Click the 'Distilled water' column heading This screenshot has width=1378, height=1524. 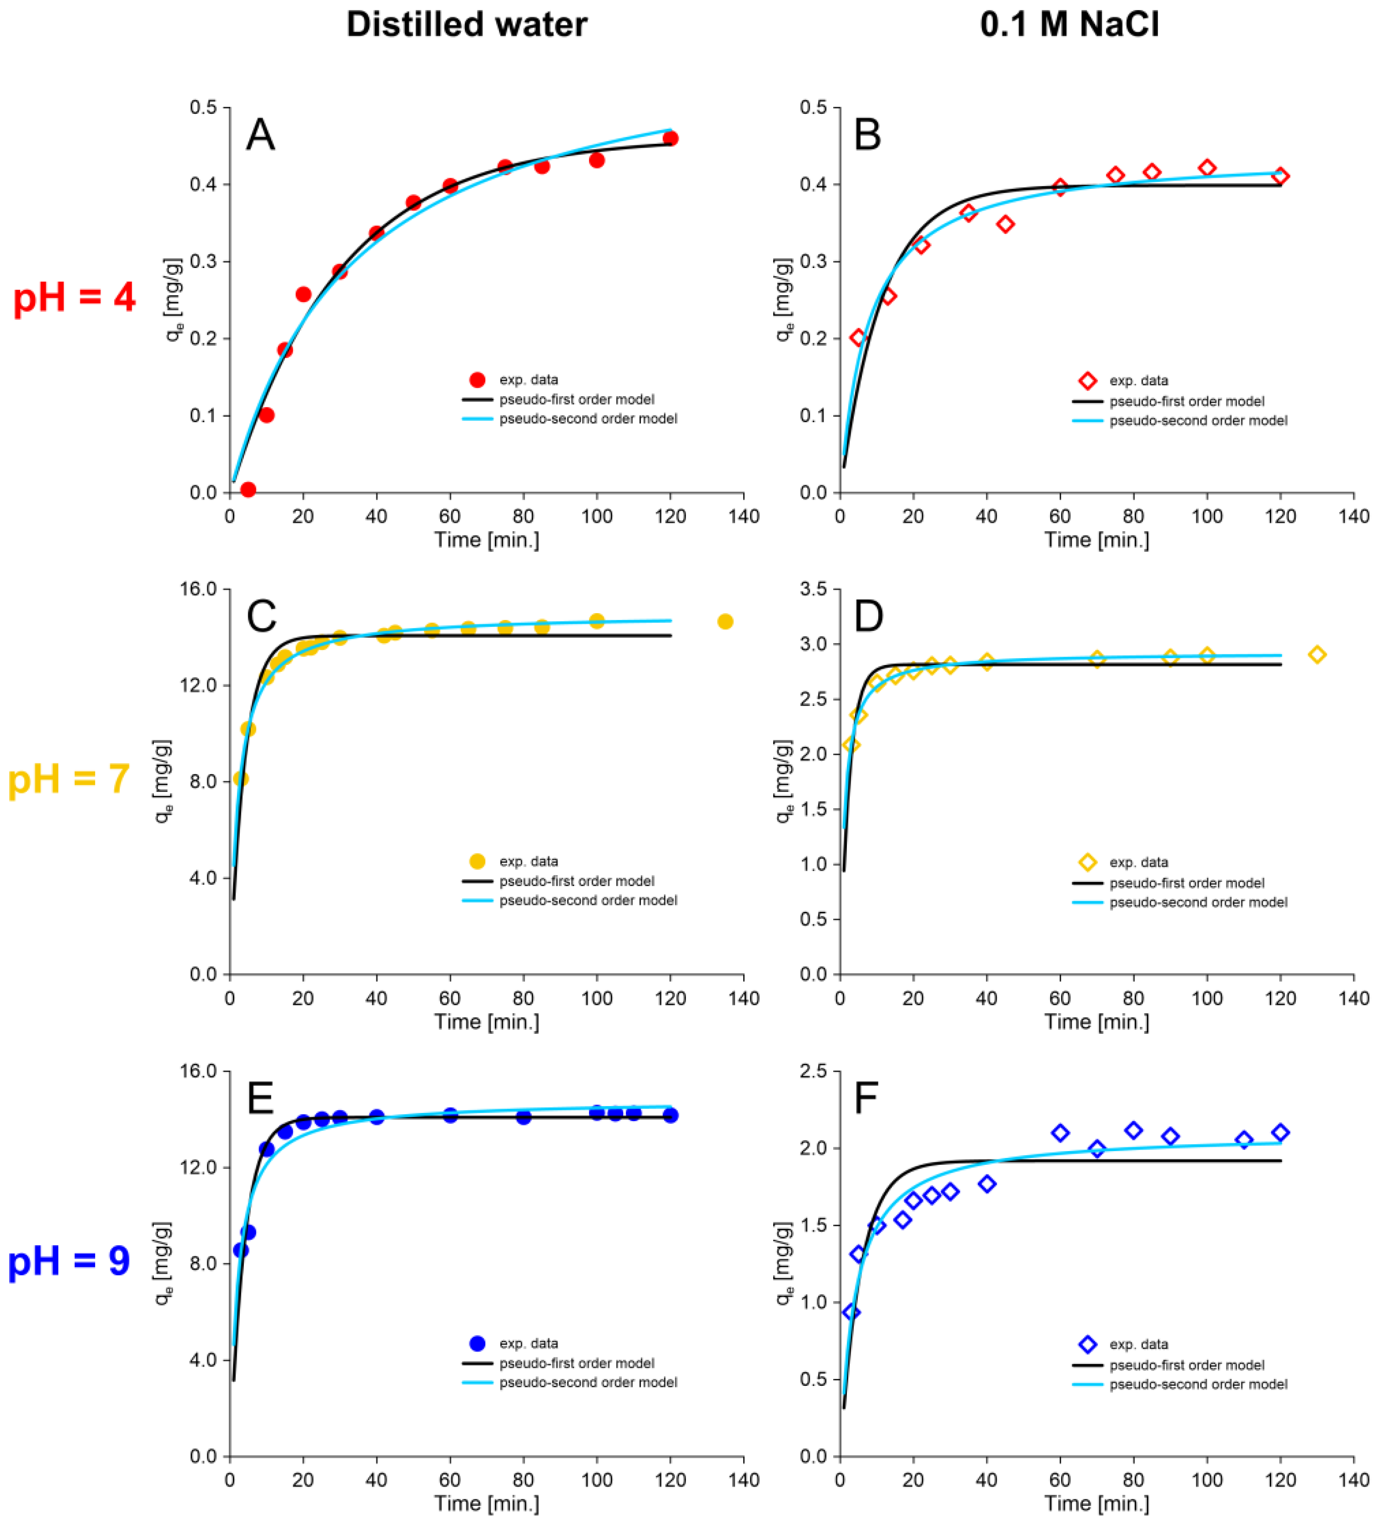466,25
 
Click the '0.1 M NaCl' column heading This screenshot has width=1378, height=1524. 1069,25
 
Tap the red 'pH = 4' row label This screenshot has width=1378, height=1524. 74,297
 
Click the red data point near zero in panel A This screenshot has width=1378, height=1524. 248,490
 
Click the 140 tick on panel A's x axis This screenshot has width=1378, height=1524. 744,516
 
